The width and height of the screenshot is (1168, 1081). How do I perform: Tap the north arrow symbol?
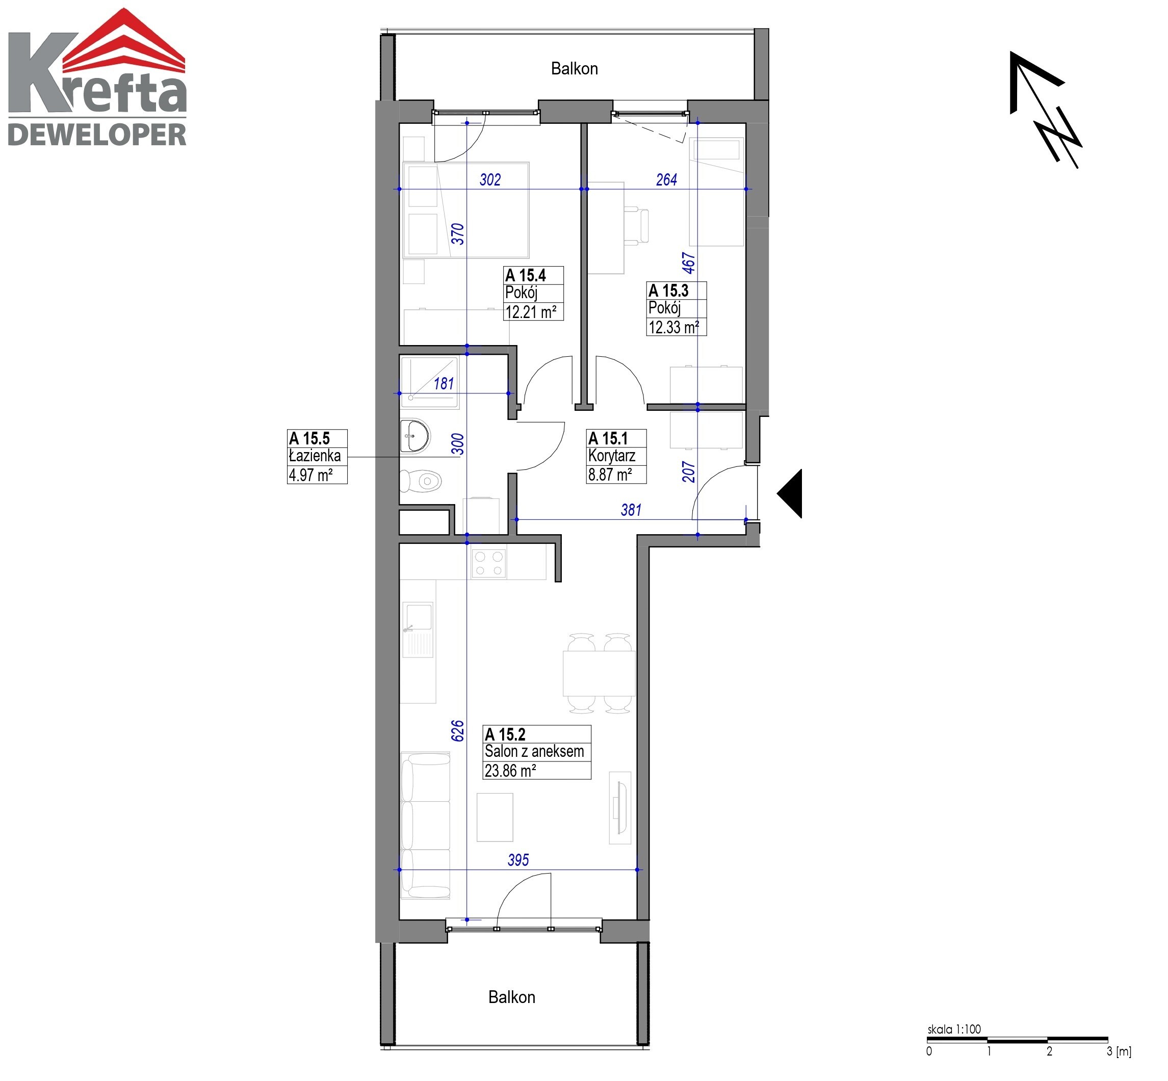click(1046, 110)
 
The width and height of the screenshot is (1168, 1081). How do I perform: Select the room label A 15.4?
click(526, 275)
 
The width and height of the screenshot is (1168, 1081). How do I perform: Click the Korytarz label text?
click(611, 456)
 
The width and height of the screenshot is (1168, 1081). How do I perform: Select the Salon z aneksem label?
click(534, 751)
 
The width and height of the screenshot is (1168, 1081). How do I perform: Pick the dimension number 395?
click(518, 860)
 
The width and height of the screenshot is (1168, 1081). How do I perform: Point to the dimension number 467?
click(689, 262)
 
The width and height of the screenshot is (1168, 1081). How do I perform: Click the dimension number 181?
click(444, 383)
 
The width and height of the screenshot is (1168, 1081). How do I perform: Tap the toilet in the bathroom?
click(421, 481)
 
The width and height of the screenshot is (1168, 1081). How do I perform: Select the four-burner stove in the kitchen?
click(488, 563)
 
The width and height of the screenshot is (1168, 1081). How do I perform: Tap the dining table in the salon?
click(599, 673)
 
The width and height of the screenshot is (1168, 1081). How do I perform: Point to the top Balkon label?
click(574, 68)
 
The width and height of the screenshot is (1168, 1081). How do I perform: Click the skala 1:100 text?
click(954, 1029)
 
